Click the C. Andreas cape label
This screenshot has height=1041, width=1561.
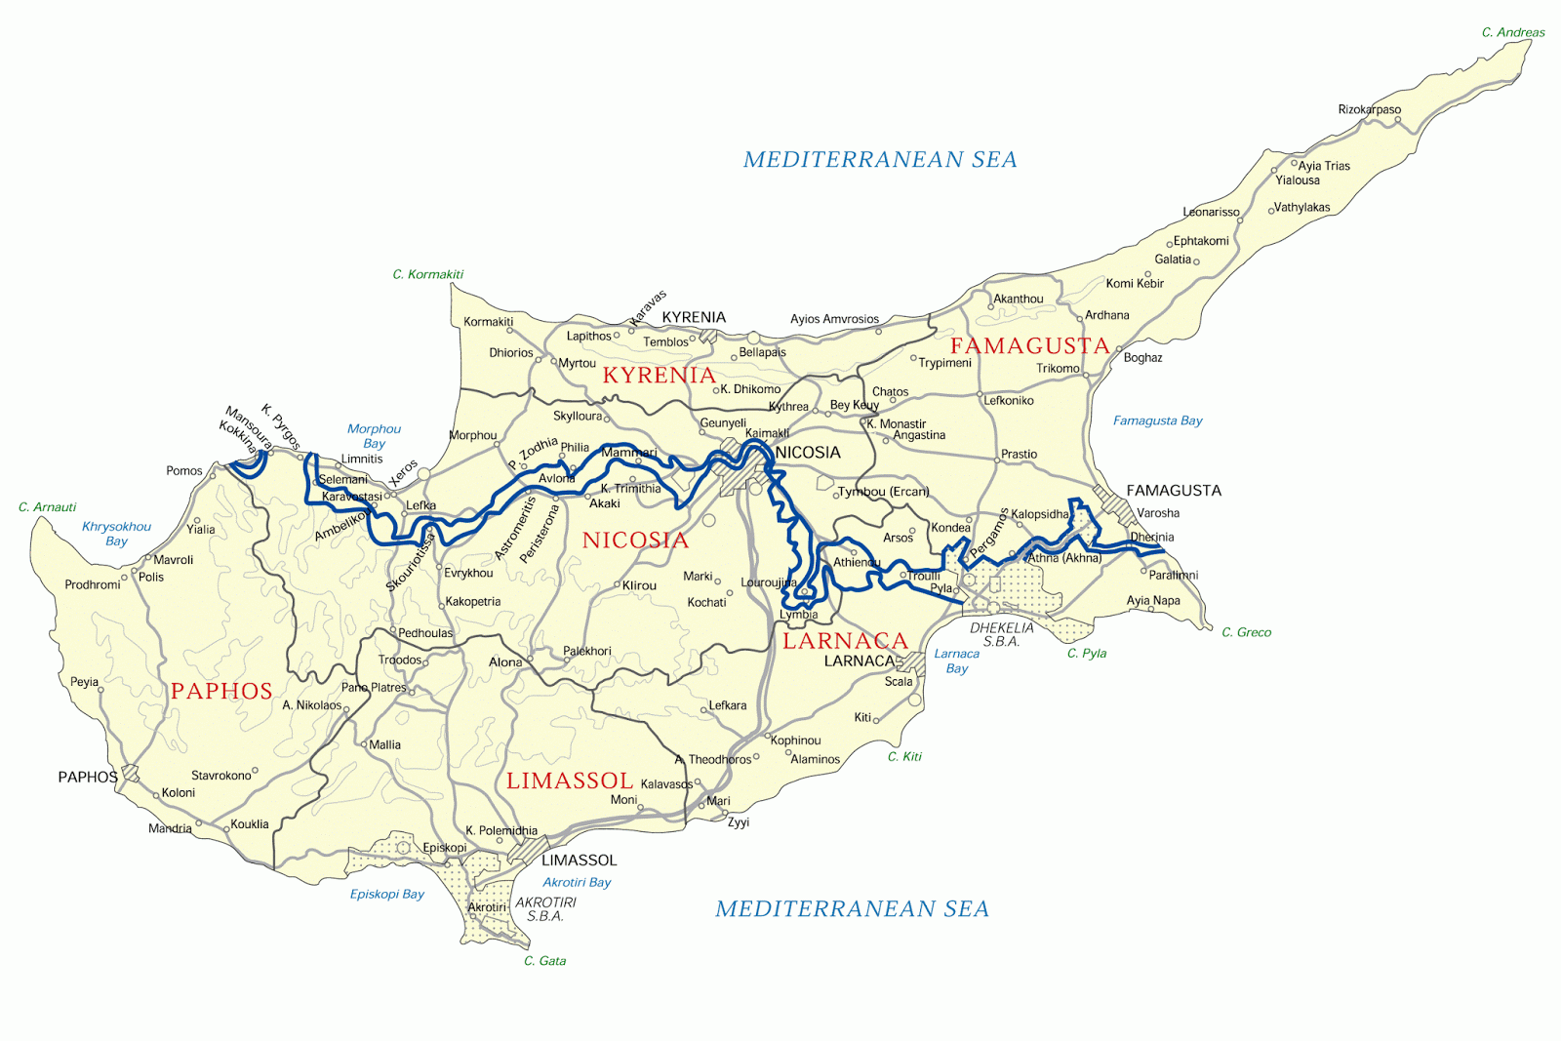click(1512, 32)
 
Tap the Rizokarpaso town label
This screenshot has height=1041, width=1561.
click(1369, 109)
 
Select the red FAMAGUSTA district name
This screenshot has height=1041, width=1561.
click(1029, 345)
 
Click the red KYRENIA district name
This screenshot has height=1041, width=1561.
click(659, 375)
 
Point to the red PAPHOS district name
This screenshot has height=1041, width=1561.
click(221, 691)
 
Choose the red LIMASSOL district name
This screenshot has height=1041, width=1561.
click(570, 781)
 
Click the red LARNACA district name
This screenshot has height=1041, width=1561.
click(845, 640)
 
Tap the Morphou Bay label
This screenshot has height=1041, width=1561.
click(374, 435)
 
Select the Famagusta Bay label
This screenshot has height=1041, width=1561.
click(1157, 420)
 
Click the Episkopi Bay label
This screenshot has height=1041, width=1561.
click(386, 894)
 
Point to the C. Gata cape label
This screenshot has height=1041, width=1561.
click(544, 961)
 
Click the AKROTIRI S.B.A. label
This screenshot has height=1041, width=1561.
click(545, 909)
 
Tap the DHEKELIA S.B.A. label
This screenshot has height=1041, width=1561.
click(1001, 634)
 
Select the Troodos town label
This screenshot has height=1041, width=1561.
click(400, 661)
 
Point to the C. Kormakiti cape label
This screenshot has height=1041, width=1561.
click(427, 274)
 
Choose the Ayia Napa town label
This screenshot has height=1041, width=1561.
click(1153, 600)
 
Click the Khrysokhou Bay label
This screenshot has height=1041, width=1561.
click(116, 533)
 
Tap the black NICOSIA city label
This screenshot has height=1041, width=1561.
click(807, 453)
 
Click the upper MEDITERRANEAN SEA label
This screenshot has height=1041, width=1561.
click(879, 159)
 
